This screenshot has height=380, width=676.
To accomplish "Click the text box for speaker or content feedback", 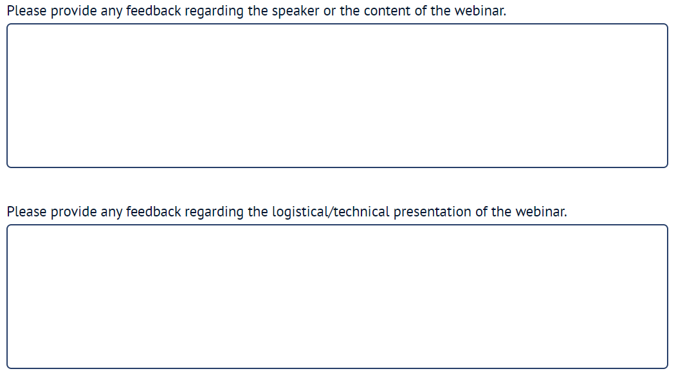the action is (x=337, y=95).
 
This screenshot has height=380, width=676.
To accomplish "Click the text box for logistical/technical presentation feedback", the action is (x=337, y=297).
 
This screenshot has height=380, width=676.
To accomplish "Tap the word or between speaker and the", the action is (x=329, y=11).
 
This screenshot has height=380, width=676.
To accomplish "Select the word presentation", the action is (x=432, y=212).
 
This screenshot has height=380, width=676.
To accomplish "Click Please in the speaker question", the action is (x=27, y=11).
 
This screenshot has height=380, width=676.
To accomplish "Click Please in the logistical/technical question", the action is (x=27, y=212).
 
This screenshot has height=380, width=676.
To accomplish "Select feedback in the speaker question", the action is (x=154, y=11).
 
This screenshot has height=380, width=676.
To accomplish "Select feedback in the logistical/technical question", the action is (x=154, y=212).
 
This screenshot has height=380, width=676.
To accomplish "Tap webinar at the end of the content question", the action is (x=480, y=11).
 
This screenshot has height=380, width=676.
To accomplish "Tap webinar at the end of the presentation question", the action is (x=541, y=212).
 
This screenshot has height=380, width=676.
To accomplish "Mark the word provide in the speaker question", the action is (x=74, y=11).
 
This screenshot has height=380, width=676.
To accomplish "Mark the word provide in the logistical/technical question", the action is (x=74, y=213).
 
